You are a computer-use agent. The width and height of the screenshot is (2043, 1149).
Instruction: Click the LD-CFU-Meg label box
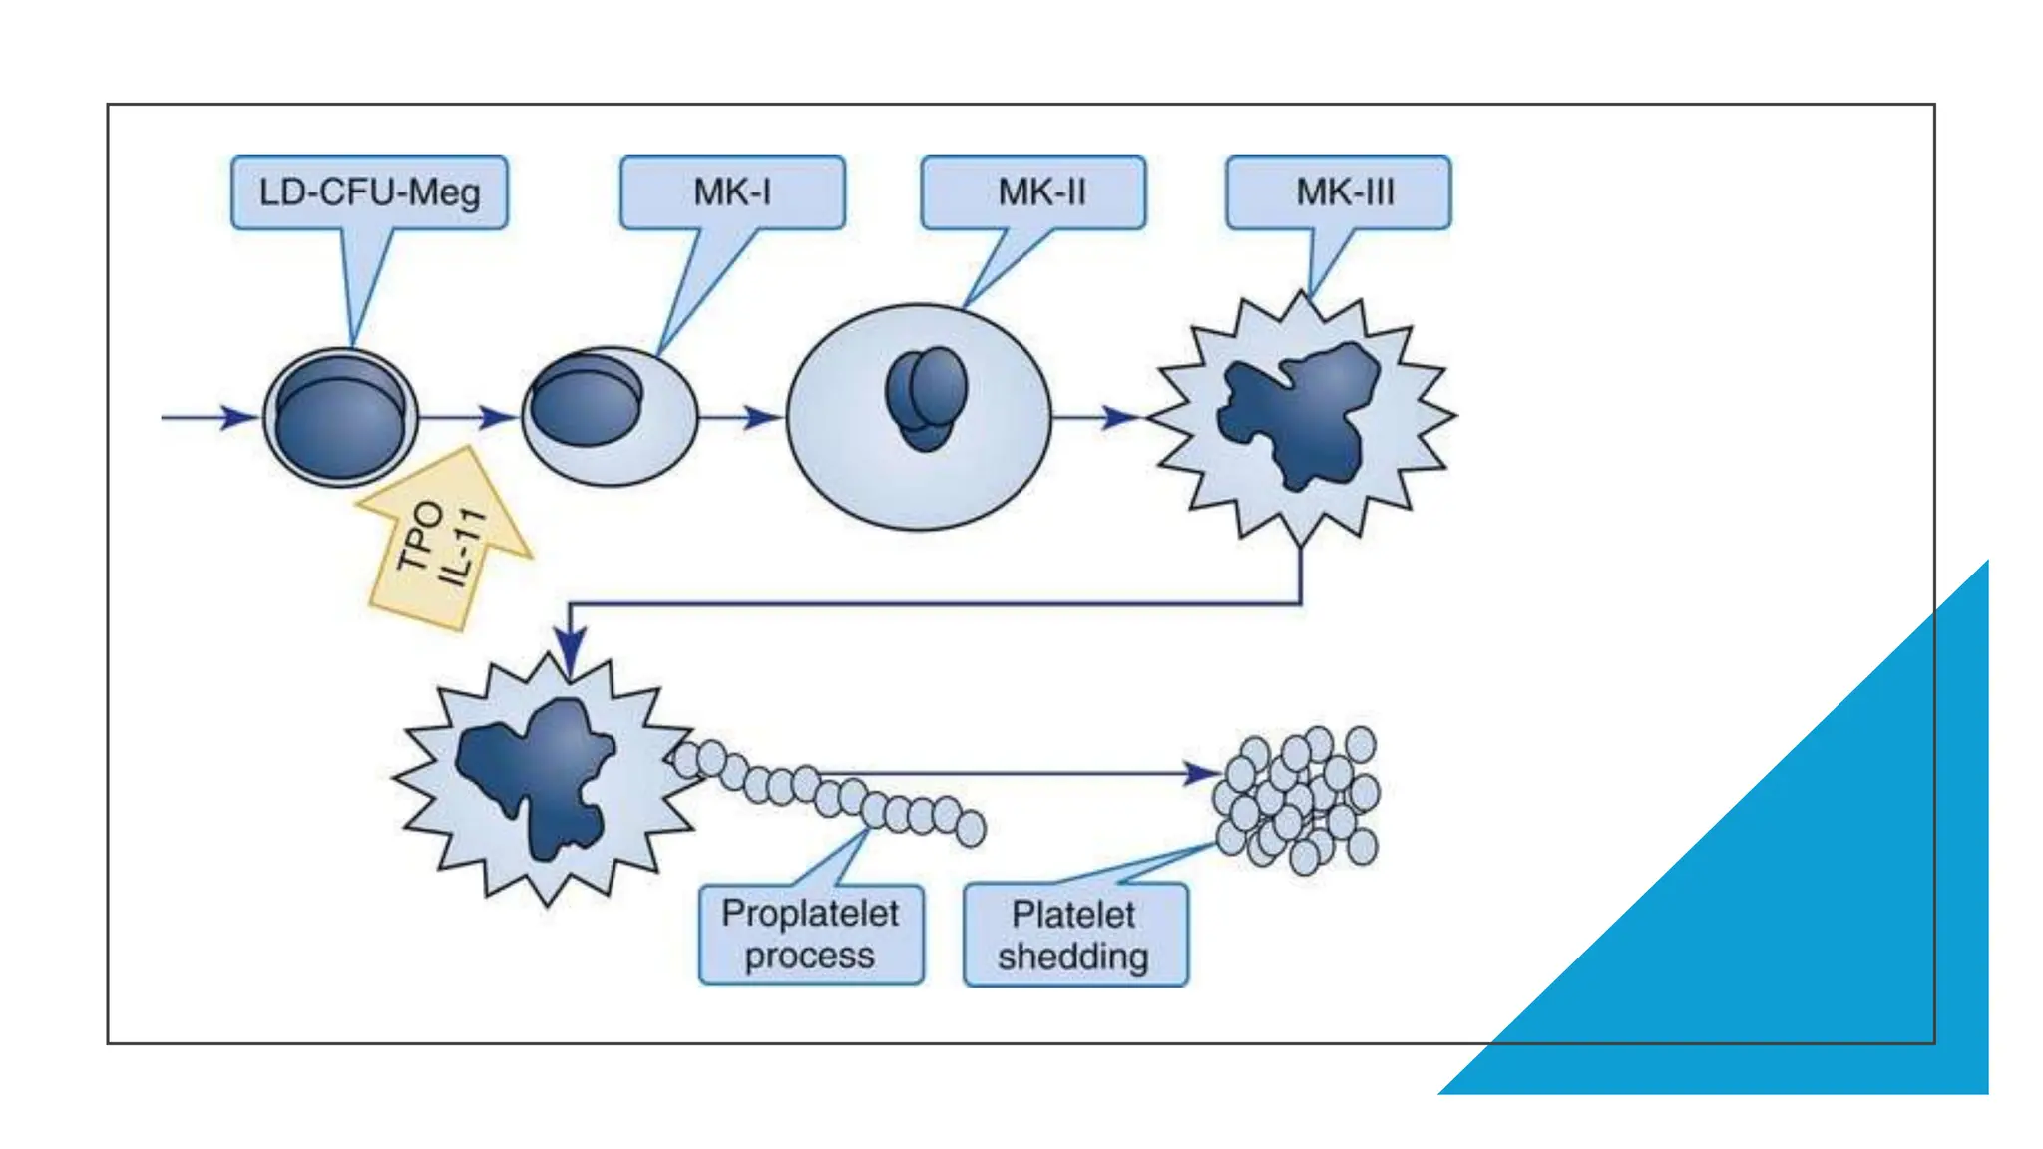tap(369, 192)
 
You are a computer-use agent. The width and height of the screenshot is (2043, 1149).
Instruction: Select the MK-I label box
tap(732, 192)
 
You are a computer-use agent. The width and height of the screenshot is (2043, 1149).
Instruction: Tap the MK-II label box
tap(1033, 192)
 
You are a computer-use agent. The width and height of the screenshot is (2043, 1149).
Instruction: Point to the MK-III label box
tap(1339, 192)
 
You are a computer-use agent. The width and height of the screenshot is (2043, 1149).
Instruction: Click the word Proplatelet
tap(810, 914)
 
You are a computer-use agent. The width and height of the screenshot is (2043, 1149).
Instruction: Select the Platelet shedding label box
tap(1075, 936)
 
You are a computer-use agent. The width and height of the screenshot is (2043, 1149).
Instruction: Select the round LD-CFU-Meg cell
tap(340, 417)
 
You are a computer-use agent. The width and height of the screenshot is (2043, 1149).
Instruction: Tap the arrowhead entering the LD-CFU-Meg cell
tap(239, 417)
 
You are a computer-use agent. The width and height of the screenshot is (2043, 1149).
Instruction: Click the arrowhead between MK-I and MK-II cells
tap(762, 417)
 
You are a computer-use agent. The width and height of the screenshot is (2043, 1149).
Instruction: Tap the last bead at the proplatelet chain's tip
tap(971, 828)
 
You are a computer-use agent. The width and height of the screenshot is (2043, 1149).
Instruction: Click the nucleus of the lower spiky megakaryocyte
tap(540, 773)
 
